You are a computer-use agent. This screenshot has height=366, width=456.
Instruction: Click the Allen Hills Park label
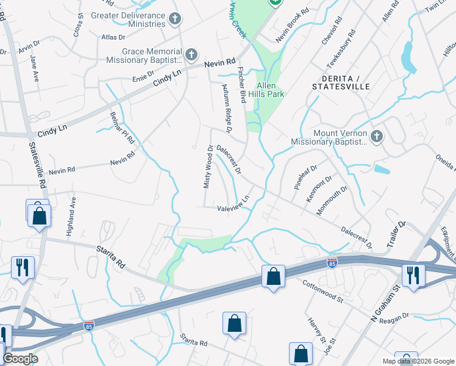(271, 90)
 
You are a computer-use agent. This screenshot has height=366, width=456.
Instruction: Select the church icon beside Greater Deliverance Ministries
(175, 19)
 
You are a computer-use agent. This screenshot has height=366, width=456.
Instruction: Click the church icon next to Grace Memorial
(191, 56)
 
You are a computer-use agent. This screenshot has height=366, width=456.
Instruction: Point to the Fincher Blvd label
(242, 85)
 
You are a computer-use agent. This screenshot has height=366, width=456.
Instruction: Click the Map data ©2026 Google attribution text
(417, 361)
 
